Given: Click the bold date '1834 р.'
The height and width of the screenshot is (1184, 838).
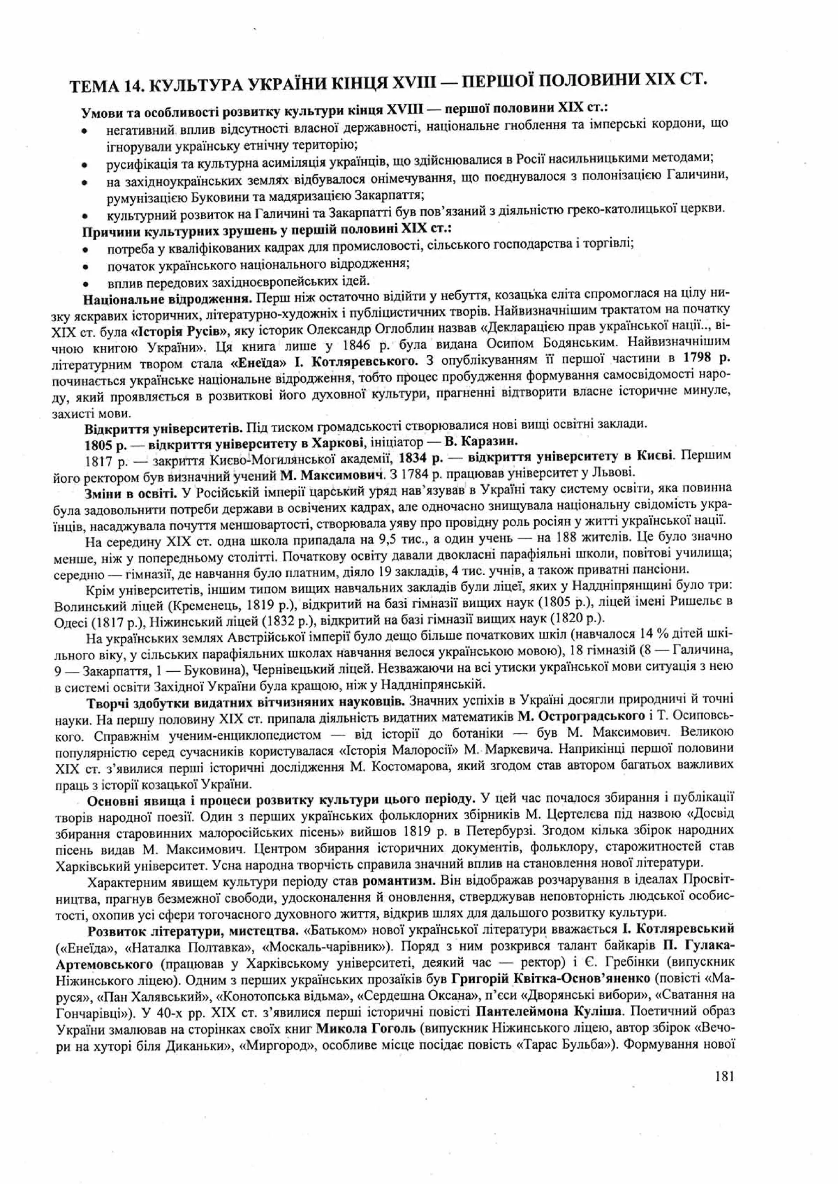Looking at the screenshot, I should point(420,456).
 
